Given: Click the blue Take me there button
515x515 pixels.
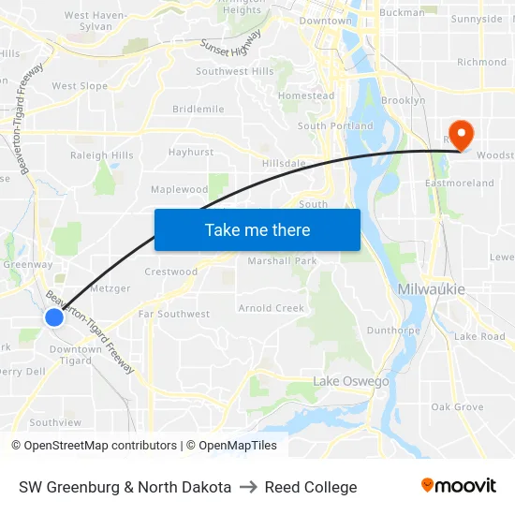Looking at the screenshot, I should pos(257,229).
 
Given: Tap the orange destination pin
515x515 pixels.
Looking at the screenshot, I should pos(462,134).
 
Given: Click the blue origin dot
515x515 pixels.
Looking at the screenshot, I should pos(54,317).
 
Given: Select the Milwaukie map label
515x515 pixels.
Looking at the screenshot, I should pos(431,289).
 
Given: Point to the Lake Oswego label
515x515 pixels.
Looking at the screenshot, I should pos(350,381).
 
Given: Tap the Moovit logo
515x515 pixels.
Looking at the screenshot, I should pos(459,486).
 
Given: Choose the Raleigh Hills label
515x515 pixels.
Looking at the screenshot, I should pos(102,155).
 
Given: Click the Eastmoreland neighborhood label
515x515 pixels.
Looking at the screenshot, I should pos(460,183).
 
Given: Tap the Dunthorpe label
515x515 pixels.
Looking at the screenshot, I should pos(392,330).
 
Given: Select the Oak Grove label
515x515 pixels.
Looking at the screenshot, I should pos(457,406).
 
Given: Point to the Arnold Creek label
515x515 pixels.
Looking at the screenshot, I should pos(272,308).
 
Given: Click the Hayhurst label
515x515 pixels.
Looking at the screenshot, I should pos(191,152).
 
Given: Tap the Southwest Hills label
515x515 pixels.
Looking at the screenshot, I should pos(235,71).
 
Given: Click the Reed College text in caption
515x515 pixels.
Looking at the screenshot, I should pos(311,487).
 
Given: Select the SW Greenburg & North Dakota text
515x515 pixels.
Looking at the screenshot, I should pos(125,487).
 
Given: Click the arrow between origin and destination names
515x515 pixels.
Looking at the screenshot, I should pos(248,487).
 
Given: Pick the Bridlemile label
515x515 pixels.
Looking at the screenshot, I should pos(199,109).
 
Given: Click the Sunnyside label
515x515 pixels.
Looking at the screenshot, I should pos(477,19).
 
